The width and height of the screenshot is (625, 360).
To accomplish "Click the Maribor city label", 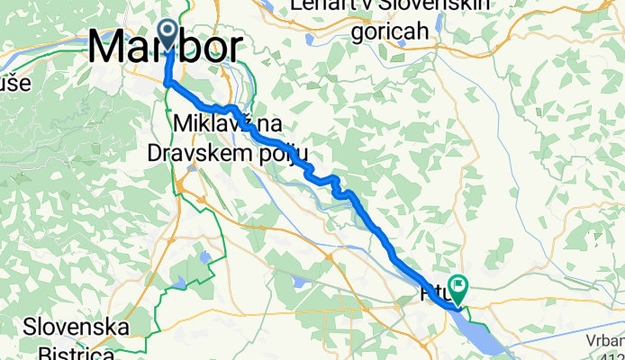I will [x=167, y=47].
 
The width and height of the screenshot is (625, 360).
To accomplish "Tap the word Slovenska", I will [x=77, y=325].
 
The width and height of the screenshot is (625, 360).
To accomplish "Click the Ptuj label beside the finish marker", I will [x=434, y=294].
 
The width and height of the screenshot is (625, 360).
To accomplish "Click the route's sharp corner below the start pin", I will [x=167, y=83].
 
